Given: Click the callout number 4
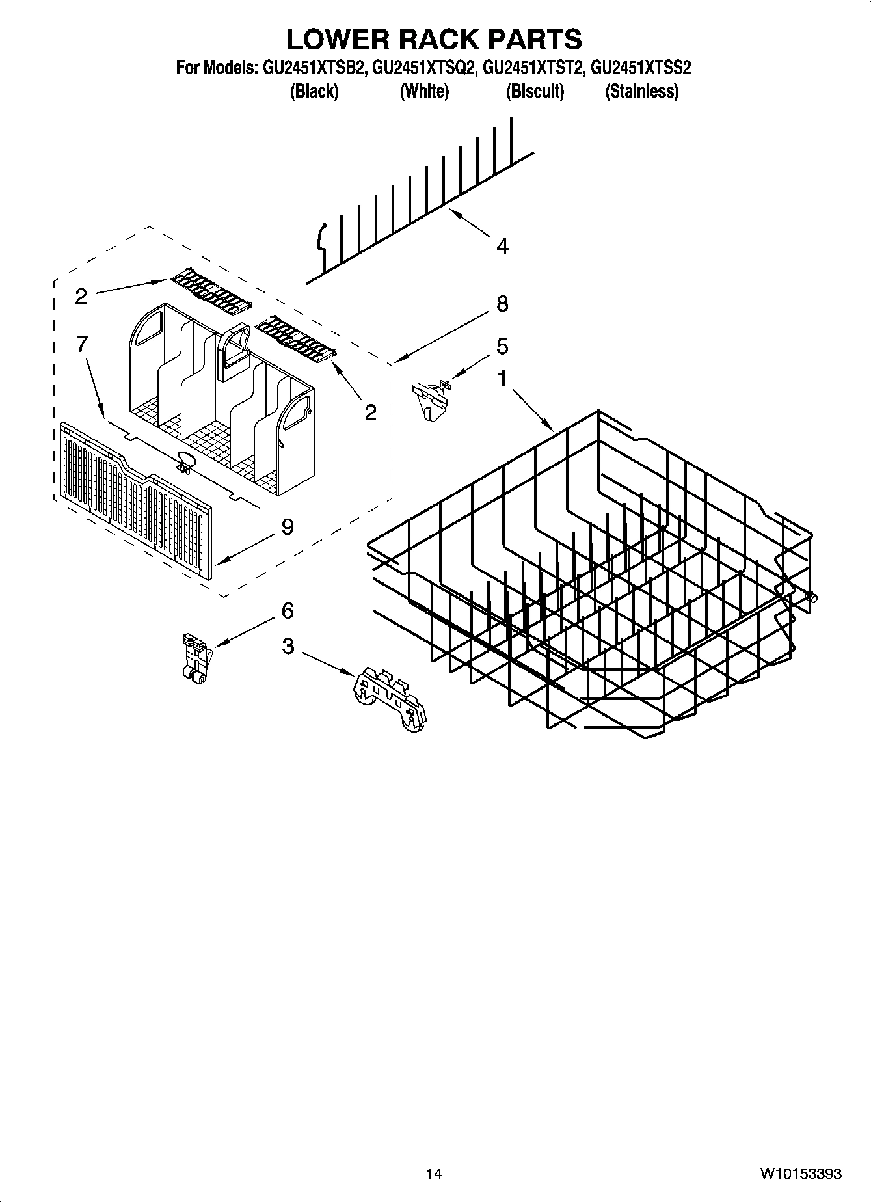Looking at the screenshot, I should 502,246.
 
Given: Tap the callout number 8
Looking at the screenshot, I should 502,304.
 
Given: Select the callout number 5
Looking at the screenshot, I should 502,346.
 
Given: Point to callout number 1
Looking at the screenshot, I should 502,378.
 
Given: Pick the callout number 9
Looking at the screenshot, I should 287,526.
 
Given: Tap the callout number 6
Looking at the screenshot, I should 287,610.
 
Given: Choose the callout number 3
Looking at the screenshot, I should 287,646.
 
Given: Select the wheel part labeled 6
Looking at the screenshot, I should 194,658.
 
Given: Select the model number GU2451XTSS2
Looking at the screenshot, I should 641,68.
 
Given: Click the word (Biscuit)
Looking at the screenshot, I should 535,91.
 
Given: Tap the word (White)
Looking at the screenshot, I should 424,91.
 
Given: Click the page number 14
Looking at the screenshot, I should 434,1173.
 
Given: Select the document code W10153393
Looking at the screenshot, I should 800,1173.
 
